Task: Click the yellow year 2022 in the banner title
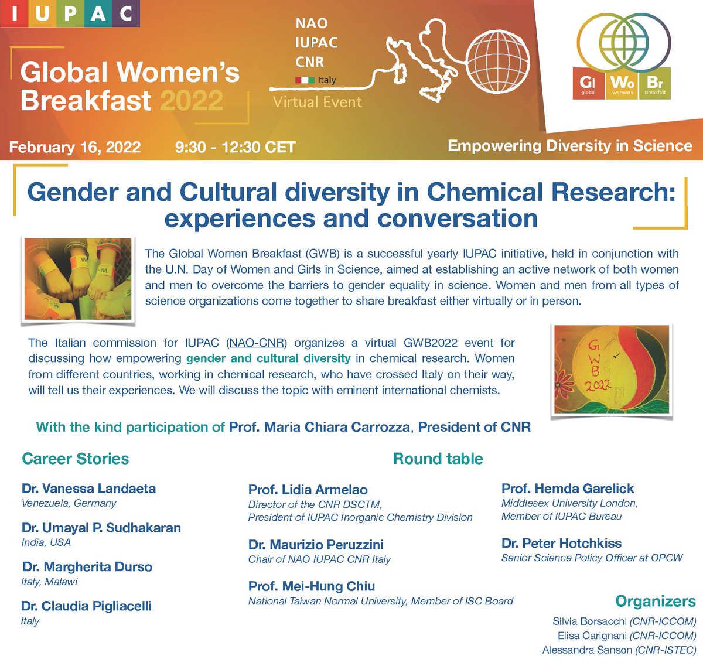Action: point(191,101)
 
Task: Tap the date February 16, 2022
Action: point(75,146)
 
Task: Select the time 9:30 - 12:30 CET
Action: point(235,146)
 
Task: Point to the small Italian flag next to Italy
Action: point(305,80)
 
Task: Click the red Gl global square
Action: point(588,86)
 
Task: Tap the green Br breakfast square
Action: point(655,86)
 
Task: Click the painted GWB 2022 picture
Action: point(611,370)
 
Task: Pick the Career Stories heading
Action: point(75,459)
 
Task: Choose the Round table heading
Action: point(438,459)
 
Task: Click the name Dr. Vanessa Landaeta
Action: point(88,489)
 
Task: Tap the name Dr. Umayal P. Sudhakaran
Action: point(101,528)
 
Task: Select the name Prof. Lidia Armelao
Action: point(308,490)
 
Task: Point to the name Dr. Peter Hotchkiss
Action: point(561,543)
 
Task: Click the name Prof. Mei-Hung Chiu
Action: point(311,586)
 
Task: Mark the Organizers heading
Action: point(655,602)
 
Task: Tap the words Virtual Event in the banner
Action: point(318,103)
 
